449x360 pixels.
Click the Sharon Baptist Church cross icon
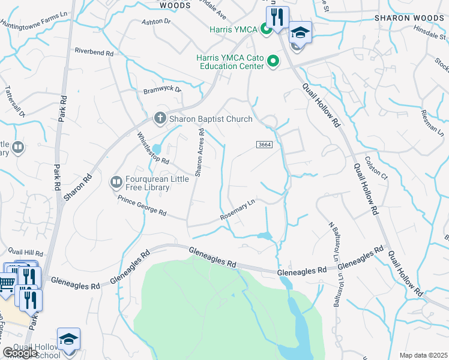tap(160, 118)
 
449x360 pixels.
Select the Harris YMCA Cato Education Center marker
tap(273, 61)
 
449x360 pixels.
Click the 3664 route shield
tap(265, 145)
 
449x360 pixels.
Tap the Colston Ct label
tap(376, 167)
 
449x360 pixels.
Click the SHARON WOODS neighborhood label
tap(409, 18)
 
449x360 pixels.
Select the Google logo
tap(20, 353)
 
